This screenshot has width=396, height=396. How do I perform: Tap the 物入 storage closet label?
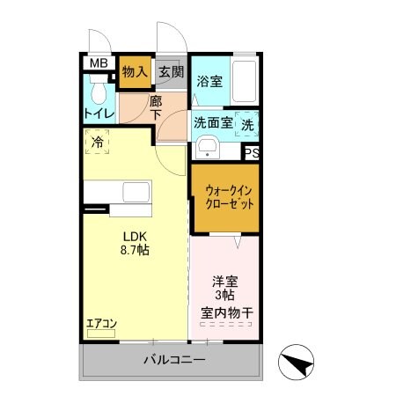coord(135,70)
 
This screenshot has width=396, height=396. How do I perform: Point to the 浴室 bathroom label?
coord(209,81)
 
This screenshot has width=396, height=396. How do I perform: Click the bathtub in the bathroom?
coord(245,81)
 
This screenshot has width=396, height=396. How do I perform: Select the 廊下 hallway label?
coord(155,110)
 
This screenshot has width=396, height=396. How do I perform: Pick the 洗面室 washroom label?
coord(213,124)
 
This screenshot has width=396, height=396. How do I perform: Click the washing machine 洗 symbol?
coord(247,124)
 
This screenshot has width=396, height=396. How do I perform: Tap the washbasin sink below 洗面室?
coord(208,147)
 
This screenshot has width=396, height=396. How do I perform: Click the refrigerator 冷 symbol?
coord(95,139)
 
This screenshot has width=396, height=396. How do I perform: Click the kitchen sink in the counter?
coord(137,192)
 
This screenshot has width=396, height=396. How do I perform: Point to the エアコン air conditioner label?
coord(100,324)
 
